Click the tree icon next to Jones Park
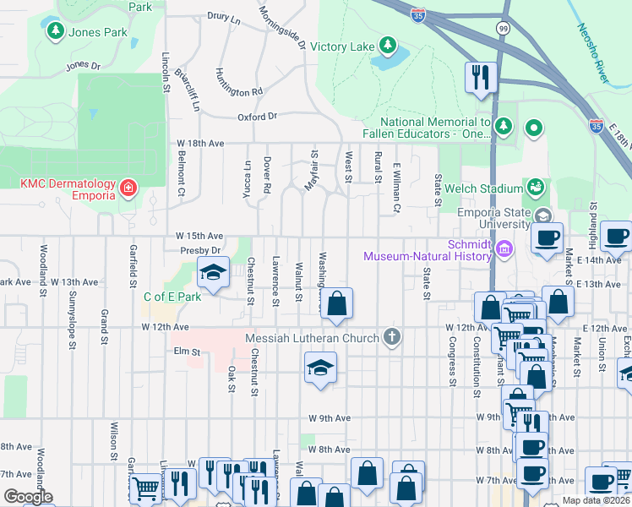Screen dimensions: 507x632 pos(56,31)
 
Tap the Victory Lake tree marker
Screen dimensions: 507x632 pos(388,45)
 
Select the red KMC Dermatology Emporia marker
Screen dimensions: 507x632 pos(128,187)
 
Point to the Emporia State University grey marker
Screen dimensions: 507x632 pos(542,217)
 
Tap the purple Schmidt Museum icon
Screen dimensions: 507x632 pos(504,248)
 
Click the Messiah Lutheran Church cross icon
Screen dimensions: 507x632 pos(390,337)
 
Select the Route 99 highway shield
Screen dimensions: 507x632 pos(504,28)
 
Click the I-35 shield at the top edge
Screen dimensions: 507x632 pos(417,14)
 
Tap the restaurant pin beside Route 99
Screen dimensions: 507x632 pos(478,78)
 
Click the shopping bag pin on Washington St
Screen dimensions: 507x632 pos(336,304)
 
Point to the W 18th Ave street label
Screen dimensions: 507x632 pos(199,144)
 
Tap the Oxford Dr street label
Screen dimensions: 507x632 pos(258,117)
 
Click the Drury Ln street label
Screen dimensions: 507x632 pos(224,16)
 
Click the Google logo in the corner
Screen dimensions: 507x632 pos(28,497)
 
